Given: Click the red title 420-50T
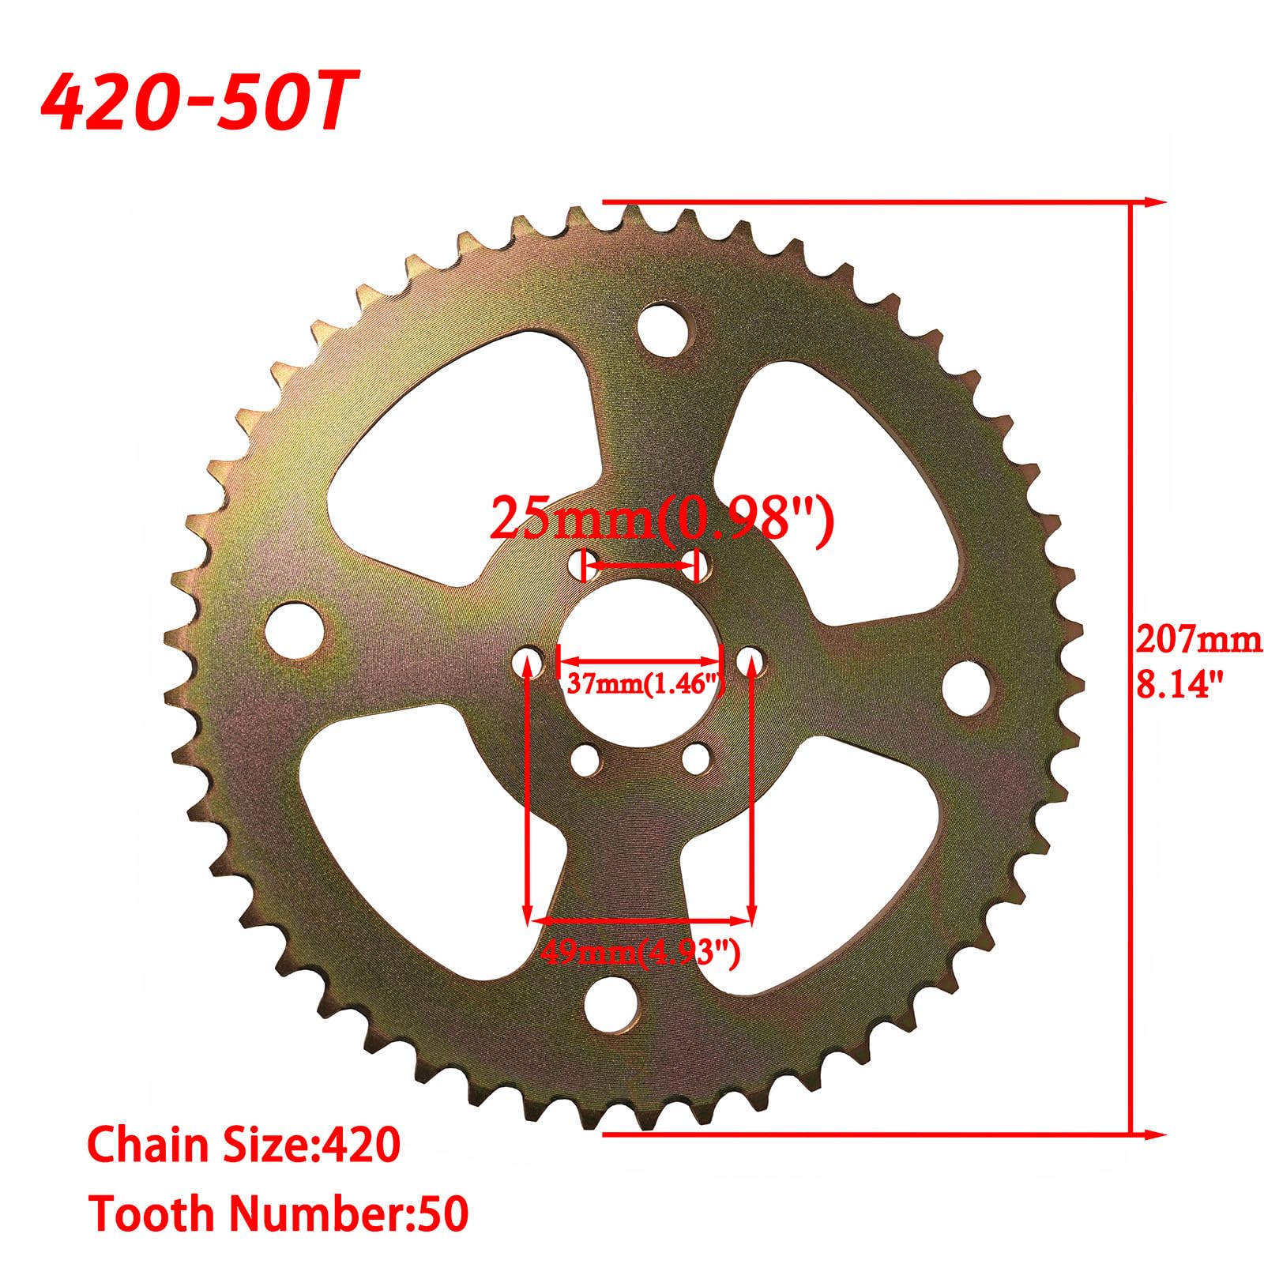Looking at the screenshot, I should [x=197, y=102].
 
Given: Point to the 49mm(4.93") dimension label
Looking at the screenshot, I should [x=640, y=954].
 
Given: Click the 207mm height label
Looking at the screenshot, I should [x=1198, y=640].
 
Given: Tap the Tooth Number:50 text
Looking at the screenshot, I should [x=278, y=1214].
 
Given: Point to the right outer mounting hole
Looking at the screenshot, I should [x=968, y=685].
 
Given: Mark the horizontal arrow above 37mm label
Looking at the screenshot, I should [x=640, y=659].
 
